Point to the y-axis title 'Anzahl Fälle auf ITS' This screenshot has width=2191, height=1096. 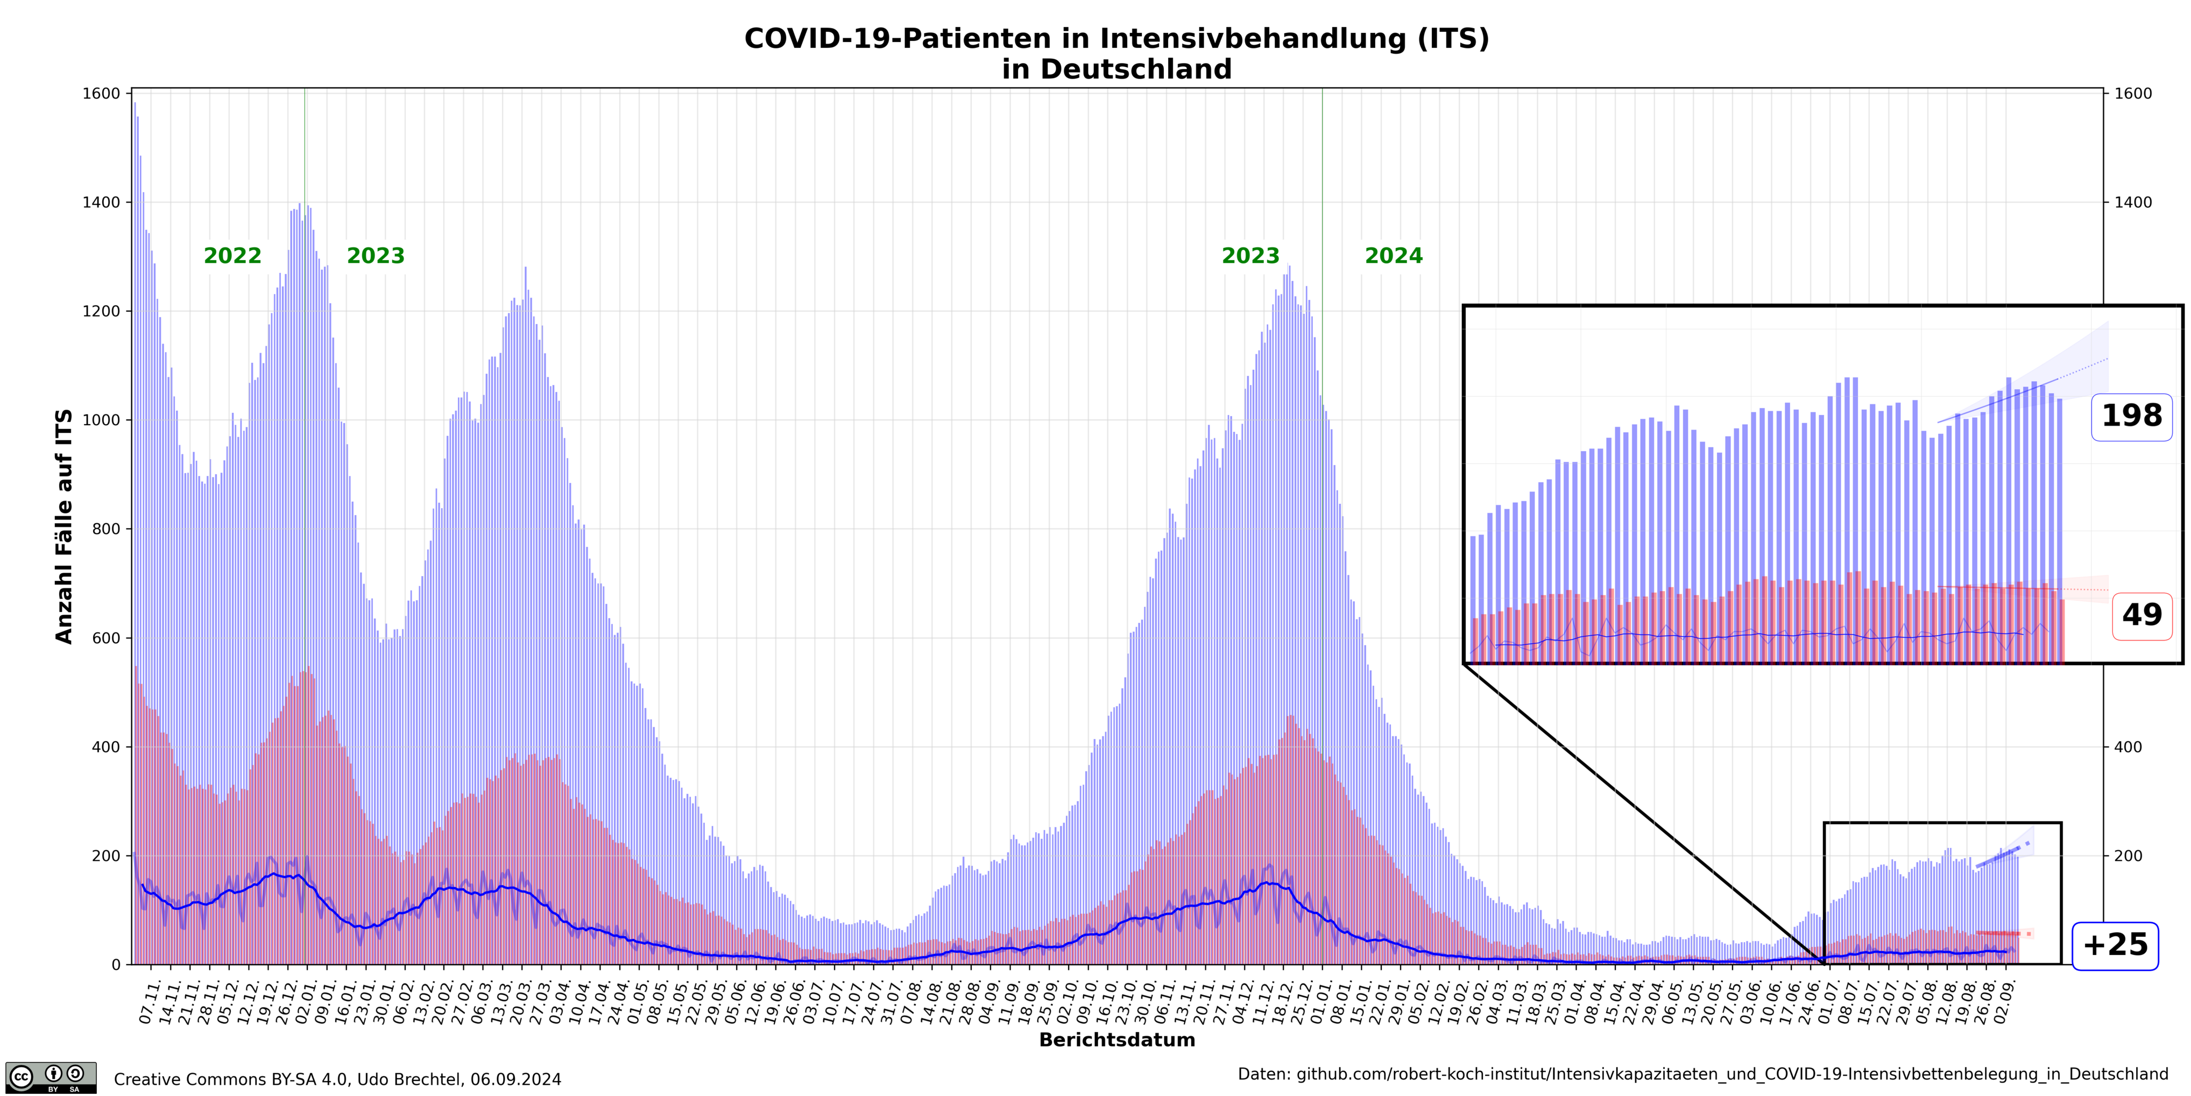[x=65, y=526]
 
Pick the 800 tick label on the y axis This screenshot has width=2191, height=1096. [x=105, y=529]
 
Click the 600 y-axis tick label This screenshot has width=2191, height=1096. [x=105, y=638]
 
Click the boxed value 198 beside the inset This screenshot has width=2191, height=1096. [x=2131, y=416]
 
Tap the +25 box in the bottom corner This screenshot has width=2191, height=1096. [x=2115, y=945]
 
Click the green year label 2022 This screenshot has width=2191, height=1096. [x=232, y=256]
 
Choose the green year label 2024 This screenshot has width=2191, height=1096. [x=1393, y=256]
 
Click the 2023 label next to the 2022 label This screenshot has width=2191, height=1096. [x=375, y=256]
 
